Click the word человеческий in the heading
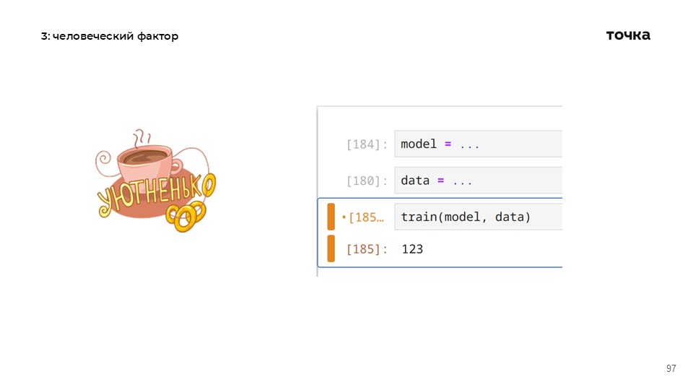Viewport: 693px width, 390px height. click(93, 36)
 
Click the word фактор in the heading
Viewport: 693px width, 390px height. click(158, 36)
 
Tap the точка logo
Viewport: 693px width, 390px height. click(628, 35)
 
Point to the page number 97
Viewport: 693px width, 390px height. click(671, 368)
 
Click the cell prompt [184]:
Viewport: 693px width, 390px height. click(367, 144)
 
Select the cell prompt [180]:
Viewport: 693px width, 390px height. click(367, 181)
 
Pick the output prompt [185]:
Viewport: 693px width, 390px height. click(367, 249)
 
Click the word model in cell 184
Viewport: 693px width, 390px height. click(419, 144)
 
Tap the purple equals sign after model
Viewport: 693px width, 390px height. click(448, 144)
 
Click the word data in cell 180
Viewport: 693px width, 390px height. click(415, 181)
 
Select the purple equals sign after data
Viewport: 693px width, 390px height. click(440, 181)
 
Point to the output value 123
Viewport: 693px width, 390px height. click(412, 249)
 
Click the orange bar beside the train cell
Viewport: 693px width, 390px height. click(331, 217)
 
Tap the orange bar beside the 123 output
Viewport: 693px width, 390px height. click(331, 248)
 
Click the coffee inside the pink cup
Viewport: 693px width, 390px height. click(145, 157)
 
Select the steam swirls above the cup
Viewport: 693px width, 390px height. click(142, 138)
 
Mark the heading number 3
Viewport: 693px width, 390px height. click(44, 36)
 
